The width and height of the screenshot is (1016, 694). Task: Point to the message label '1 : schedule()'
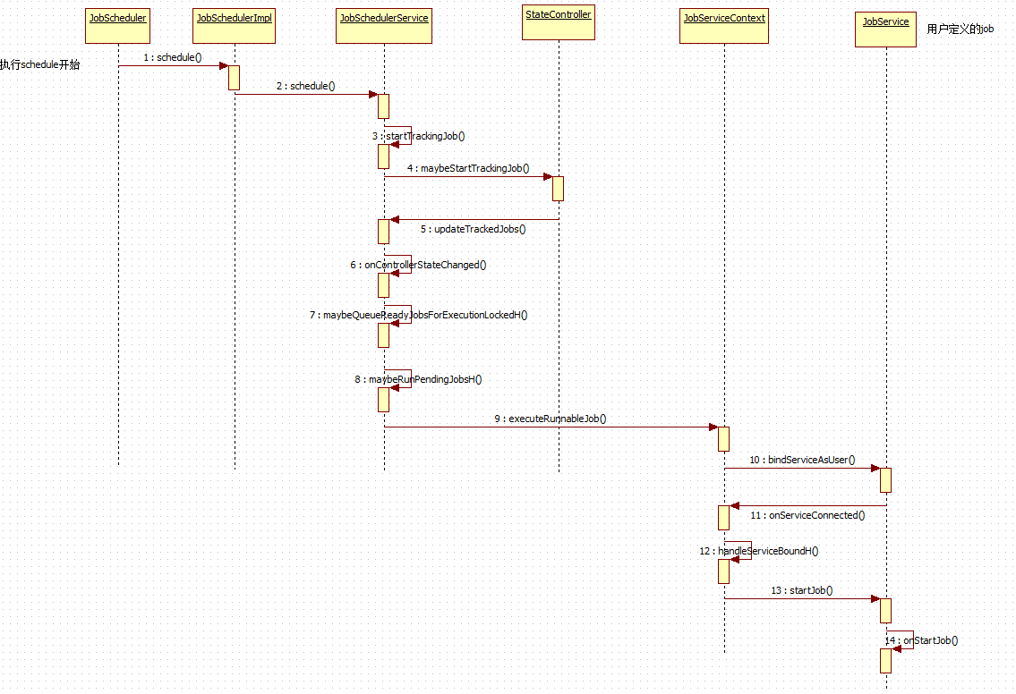(x=173, y=57)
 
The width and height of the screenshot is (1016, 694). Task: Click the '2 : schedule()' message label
(x=305, y=86)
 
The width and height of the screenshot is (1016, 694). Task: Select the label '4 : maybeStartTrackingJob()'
(x=468, y=168)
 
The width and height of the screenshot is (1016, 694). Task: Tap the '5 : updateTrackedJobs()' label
(x=473, y=229)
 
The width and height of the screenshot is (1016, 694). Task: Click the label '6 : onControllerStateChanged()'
(x=418, y=265)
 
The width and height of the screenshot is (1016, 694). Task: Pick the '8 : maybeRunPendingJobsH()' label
(x=418, y=379)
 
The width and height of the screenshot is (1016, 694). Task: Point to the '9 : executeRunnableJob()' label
(x=551, y=419)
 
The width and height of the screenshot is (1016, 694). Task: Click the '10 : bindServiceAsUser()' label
(x=802, y=460)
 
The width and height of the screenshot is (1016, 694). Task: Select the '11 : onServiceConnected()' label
(x=807, y=515)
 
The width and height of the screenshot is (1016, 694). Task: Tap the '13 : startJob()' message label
(x=801, y=590)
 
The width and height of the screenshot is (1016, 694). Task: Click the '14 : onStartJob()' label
(x=922, y=640)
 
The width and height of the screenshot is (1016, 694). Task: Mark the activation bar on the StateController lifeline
(x=558, y=188)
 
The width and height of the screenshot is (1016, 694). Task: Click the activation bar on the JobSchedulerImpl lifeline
(x=234, y=77)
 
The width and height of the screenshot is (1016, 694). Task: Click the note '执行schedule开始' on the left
(x=39, y=64)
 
